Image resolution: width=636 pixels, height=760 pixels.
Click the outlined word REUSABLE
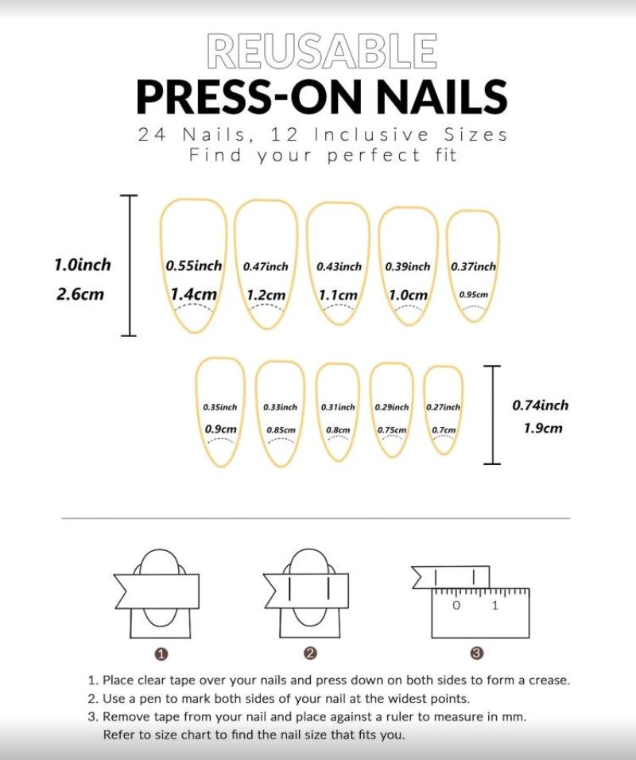point(322,50)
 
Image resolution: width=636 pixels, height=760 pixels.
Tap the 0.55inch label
point(194,266)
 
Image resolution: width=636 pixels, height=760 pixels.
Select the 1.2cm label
point(266,295)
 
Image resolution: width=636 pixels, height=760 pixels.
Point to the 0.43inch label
point(339,266)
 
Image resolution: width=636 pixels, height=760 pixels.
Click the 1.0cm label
point(408,295)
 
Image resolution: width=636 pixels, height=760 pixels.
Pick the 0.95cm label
point(474,294)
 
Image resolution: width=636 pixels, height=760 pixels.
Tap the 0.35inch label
point(220,407)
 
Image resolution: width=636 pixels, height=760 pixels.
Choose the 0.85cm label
point(281,430)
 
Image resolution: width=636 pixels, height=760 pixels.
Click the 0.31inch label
point(338,407)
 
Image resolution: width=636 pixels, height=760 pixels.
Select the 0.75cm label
point(392,430)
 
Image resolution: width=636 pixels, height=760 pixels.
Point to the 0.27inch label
point(443,407)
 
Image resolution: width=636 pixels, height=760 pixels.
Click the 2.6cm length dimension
point(80,294)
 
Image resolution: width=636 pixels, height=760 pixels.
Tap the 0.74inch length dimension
point(541,405)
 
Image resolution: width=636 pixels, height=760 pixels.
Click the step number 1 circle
point(161,654)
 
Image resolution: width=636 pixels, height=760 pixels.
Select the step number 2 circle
point(311,653)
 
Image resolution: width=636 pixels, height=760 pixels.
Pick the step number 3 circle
point(477,653)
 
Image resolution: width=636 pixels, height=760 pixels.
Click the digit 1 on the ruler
point(495,606)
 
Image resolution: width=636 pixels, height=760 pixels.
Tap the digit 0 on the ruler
point(456,606)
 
